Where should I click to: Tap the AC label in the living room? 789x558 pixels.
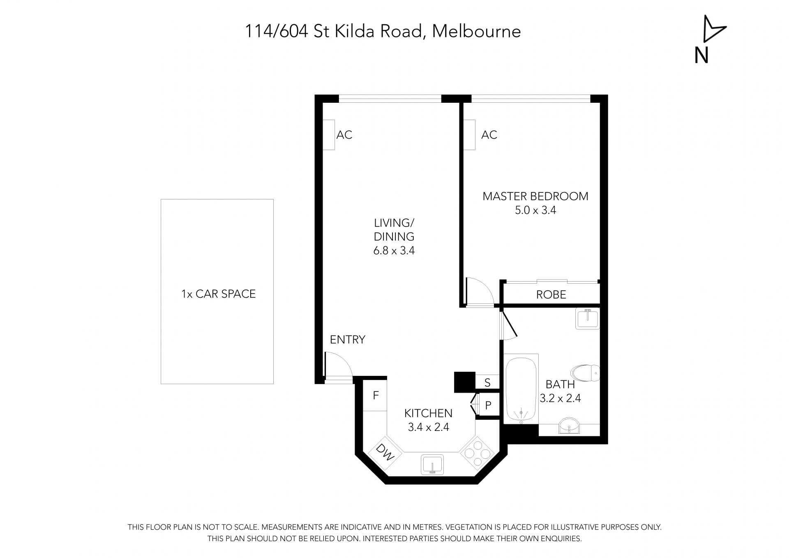(x=344, y=135)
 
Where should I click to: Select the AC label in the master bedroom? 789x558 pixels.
(x=489, y=135)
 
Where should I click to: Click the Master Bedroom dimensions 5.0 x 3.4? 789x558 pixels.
(x=535, y=211)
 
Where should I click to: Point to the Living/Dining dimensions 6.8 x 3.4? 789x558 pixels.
(x=394, y=250)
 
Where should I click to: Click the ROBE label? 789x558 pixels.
(x=551, y=294)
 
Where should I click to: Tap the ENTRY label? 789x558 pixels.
(x=348, y=340)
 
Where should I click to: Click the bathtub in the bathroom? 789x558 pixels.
(x=521, y=389)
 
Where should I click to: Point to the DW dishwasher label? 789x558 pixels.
(x=385, y=453)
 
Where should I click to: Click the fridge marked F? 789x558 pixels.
(x=375, y=395)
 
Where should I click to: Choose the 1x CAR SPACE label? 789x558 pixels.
(x=219, y=294)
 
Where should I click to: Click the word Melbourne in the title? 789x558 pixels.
(x=477, y=31)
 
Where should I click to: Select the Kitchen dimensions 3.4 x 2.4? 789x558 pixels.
(x=429, y=427)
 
